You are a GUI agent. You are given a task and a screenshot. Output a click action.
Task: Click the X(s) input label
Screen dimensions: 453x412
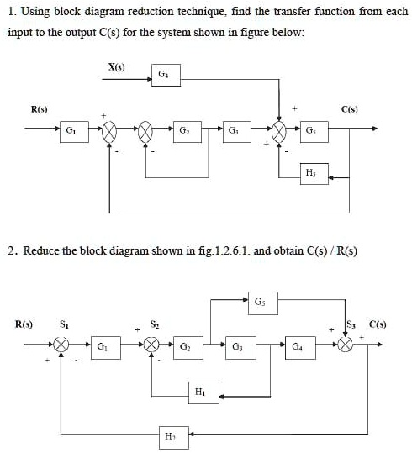tap(118, 66)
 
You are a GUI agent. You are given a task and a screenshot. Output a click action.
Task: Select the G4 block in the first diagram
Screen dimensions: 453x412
tap(162, 76)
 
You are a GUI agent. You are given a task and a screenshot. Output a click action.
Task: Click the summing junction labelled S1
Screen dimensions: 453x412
tap(61, 345)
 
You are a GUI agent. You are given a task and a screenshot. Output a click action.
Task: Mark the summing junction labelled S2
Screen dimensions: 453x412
tap(152, 345)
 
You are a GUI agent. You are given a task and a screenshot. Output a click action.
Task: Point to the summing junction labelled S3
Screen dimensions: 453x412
tap(346, 345)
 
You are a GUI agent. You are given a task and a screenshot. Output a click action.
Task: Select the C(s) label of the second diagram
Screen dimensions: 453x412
tap(376, 323)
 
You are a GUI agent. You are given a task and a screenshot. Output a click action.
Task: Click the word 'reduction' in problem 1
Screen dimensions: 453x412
tap(145, 11)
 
